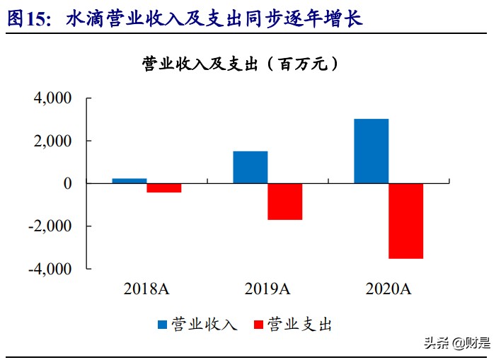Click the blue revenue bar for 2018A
(129, 181)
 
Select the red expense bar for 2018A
(164, 187)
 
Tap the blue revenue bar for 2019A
(250, 167)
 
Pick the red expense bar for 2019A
(284, 202)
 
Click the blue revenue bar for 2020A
(371, 151)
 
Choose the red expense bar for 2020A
(405, 221)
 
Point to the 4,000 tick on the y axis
(53, 98)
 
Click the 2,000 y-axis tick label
(53, 141)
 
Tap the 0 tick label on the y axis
(67, 183)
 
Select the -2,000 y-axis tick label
(50, 226)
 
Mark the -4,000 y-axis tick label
(50, 269)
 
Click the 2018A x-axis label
(147, 289)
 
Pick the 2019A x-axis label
(267, 289)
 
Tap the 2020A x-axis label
(388, 289)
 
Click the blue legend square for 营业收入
(162, 324)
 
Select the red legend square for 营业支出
(258, 324)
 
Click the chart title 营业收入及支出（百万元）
(241, 63)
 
